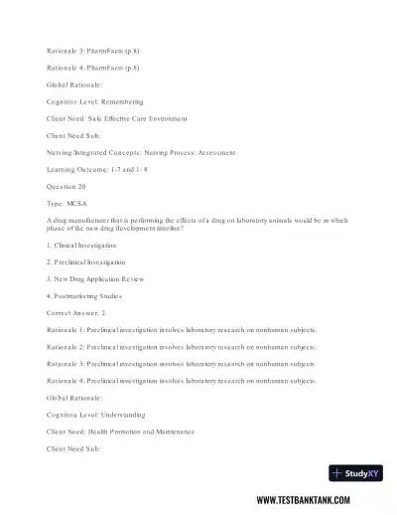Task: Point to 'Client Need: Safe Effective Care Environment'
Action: (x=117, y=118)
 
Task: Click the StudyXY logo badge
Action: (x=356, y=474)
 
